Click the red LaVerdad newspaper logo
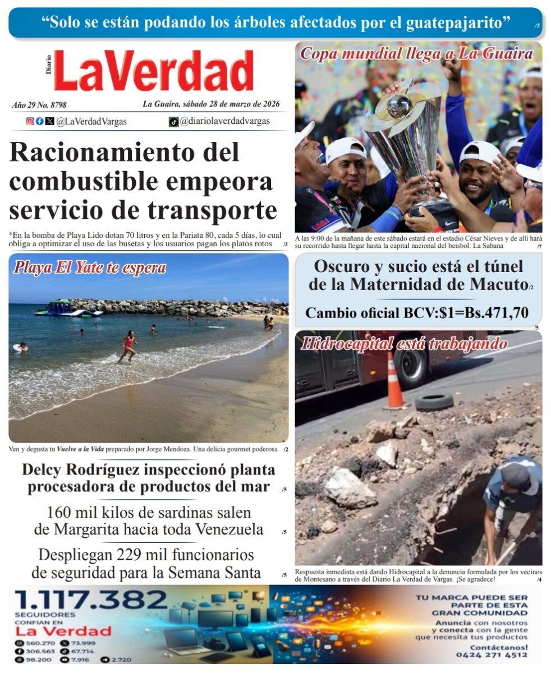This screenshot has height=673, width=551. point(153,71)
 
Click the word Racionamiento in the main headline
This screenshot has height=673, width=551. point(124,153)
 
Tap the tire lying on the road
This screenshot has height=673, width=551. point(434,401)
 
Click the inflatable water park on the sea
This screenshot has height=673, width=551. point(66,308)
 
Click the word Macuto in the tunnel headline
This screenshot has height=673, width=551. point(498,284)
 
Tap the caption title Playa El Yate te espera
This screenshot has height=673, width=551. point(90,268)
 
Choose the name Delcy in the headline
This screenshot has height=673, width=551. point(45,469)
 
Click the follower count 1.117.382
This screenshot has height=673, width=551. point(91,600)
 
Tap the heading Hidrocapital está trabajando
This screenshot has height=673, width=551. point(403,343)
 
